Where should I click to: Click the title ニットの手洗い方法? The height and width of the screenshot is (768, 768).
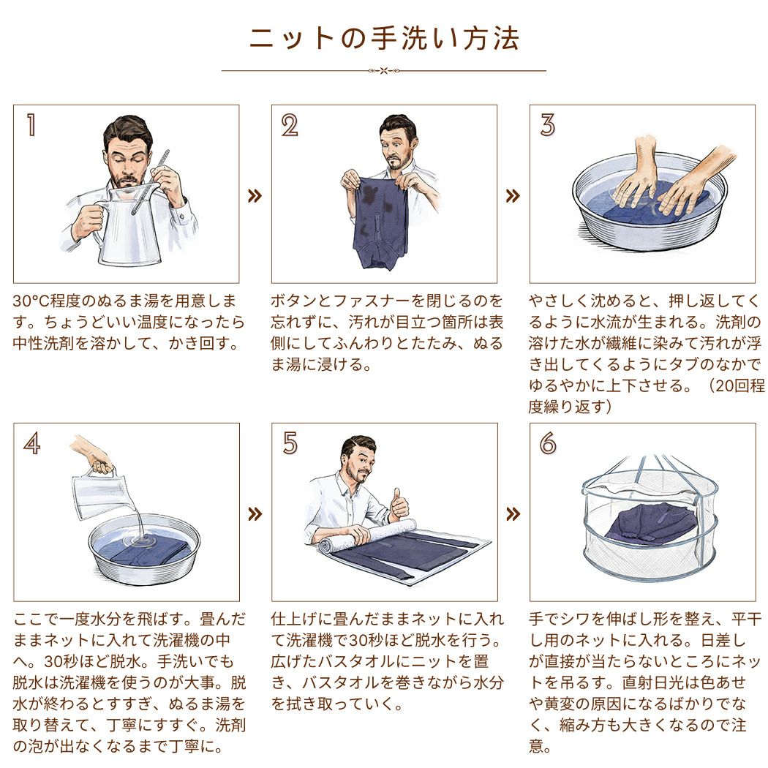click(x=384, y=39)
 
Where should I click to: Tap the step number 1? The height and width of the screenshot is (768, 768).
click(x=31, y=124)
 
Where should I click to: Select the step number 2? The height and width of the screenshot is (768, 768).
click(x=290, y=125)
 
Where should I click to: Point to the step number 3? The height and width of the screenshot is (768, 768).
click(x=548, y=124)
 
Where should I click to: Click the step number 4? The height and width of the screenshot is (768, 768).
click(x=32, y=444)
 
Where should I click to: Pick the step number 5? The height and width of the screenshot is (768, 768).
click(x=290, y=443)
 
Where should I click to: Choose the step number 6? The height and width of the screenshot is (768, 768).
click(x=548, y=443)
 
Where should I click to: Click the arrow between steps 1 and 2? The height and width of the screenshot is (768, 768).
click(x=255, y=196)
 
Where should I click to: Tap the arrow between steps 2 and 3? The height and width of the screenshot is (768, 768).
click(x=513, y=196)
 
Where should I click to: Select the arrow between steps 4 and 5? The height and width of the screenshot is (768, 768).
click(x=255, y=514)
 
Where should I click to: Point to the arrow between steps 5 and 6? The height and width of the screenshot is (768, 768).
click(x=513, y=514)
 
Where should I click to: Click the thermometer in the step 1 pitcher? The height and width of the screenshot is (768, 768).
click(x=151, y=182)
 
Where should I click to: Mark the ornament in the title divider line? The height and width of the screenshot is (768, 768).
click(x=384, y=70)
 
